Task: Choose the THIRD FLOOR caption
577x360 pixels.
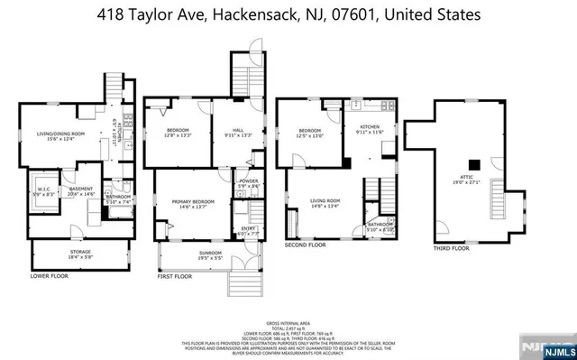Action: (x=451, y=246)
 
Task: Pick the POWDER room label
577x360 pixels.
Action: (x=248, y=181)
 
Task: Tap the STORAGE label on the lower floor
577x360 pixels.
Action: (x=80, y=254)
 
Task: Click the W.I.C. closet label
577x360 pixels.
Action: (x=42, y=190)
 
